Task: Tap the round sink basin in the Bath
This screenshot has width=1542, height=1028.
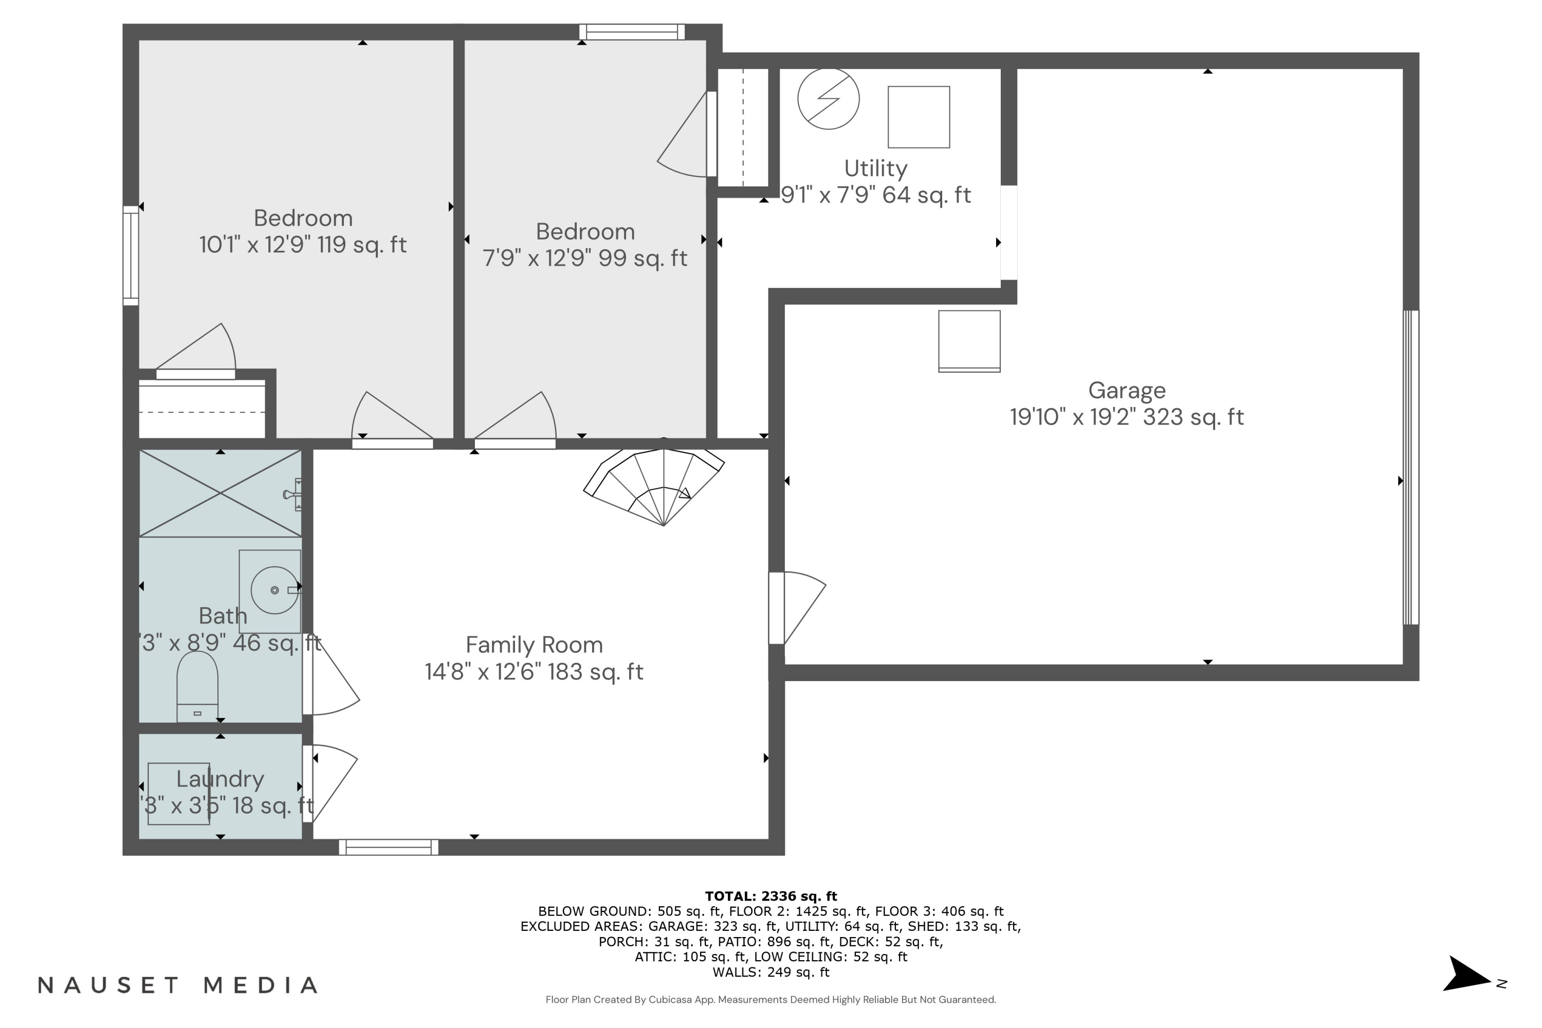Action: click(x=274, y=590)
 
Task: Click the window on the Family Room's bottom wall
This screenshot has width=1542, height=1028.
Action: click(x=388, y=847)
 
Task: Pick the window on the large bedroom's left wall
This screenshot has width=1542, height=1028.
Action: click(x=131, y=255)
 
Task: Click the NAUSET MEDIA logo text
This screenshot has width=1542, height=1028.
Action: click(x=178, y=985)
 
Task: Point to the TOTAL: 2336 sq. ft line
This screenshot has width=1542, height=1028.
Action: click(x=770, y=895)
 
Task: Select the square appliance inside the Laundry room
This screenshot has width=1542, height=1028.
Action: click(x=178, y=793)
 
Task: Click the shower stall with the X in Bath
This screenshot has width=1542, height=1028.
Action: click(x=221, y=493)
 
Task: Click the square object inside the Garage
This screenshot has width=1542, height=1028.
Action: click(x=969, y=341)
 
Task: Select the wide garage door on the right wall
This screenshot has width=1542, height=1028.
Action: click(x=1410, y=467)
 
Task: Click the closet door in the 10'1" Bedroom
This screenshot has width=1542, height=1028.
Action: click(x=195, y=374)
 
